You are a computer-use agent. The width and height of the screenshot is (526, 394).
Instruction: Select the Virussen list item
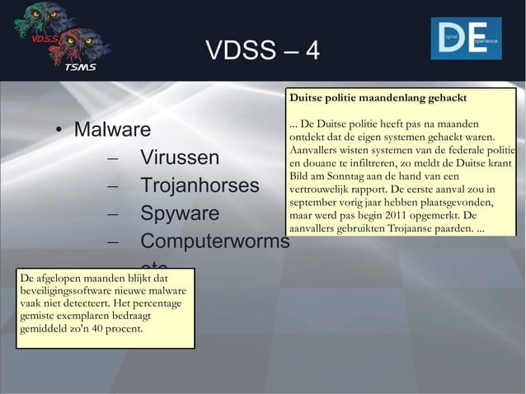(x=180, y=157)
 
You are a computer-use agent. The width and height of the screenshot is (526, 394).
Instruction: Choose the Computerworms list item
(x=214, y=242)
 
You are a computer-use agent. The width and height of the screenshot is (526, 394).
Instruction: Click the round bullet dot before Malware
(x=59, y=131)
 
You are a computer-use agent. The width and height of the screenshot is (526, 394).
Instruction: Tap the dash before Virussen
(x=112, y=158)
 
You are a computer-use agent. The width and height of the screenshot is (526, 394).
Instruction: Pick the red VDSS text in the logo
(x=45, y=40)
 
